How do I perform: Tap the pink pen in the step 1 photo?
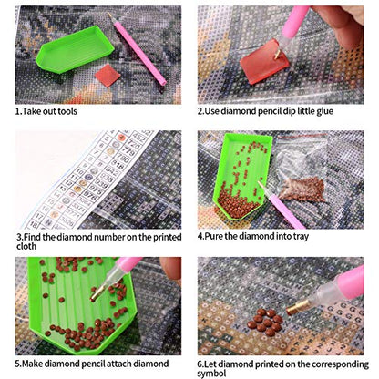(x=138, y=49)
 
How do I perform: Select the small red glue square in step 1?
(x=108, y=75)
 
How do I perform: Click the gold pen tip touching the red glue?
(x=277, y=56)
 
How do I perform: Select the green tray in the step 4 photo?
(x=242, y=177)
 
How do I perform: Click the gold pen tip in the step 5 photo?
(x=97, y=294)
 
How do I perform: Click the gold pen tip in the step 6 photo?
(x=294, y=308)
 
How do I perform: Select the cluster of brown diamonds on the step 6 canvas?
(x=265, y=323)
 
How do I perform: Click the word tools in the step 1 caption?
(x=67, y=111)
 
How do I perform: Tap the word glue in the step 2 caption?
(x=324, y=111)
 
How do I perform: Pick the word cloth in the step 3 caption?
(x=26, y=246)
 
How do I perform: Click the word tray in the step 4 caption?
(x=301, y=237)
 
